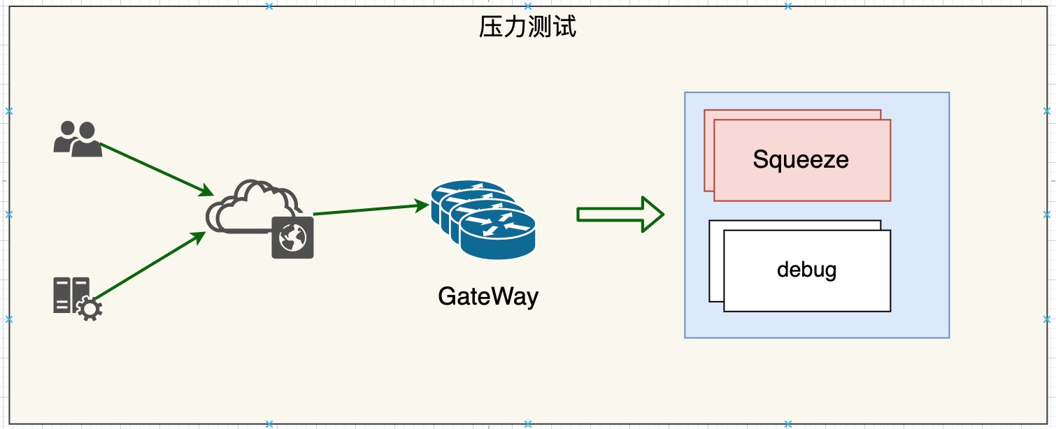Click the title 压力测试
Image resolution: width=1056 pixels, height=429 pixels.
527,27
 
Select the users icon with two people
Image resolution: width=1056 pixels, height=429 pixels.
78,139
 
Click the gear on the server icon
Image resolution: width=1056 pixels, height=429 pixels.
89,310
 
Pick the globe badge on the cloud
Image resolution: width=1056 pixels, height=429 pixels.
293,238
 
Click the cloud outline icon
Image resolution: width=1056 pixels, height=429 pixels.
254,208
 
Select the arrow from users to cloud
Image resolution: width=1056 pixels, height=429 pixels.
157,170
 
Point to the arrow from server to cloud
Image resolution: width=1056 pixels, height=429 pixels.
150,265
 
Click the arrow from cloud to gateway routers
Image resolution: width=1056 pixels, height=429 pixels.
371,209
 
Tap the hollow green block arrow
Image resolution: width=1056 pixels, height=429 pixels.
620,214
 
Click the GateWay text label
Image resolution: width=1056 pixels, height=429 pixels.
488,297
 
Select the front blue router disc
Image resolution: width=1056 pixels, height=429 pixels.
498,235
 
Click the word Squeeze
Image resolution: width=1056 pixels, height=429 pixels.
801,160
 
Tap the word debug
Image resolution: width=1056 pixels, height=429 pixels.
806,270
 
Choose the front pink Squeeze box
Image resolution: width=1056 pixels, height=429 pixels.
802,160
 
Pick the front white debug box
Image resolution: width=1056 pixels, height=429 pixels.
807,271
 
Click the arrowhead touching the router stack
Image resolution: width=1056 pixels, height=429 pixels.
422,205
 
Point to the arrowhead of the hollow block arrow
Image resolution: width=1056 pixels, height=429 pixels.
653,214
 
